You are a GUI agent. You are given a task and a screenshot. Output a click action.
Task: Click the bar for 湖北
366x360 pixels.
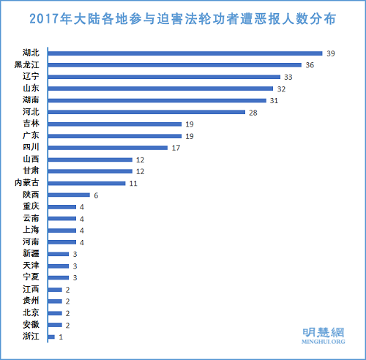coord(185,53)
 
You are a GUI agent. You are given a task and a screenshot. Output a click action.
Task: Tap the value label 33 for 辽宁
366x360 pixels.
coord(288,77)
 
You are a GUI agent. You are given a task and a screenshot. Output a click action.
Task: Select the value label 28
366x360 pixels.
coord(253,112)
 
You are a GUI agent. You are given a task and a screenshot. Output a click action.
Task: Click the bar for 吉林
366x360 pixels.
coord(115,124)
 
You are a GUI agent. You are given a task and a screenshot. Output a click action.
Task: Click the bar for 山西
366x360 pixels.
coord(90,159)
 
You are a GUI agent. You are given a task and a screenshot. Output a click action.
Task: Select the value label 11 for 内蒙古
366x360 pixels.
coord(133,183)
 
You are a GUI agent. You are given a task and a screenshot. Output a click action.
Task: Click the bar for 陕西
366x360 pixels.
coord(69,195)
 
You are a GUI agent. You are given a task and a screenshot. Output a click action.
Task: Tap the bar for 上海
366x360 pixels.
coord(62,230)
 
